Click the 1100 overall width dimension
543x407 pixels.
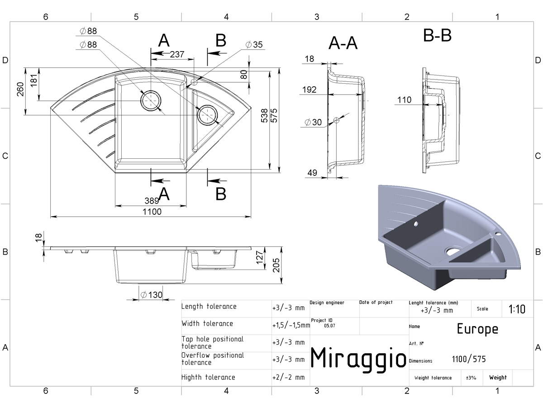pyautogui.click(x=152, y=212)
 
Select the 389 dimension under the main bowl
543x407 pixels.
pyautogui.click(x=152, y=201)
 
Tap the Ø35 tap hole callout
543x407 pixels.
pyautogui.click(x=254, y=45)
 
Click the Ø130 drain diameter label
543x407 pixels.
pyautogui.click(x=151, y=294)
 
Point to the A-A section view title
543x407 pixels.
pyautogui.click(x=343, y=43)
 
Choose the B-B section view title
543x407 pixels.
pyautogui.click(x=437, y=35)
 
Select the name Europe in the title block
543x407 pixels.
pyautogui.click(x=477, y=329)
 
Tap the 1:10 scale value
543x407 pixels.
pyautogui.click(x=517, y=309)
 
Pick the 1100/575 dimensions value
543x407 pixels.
pyautogui.click(x=469, y=359)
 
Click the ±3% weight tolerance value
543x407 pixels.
pyautogui.click(x=471, y=378)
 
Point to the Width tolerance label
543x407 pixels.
pyautogui.click(x=207, y=323)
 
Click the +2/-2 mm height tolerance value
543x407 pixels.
pyautogui.click(x=288, y=377)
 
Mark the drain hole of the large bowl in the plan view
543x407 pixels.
pyautogui.click(x=151, y=101)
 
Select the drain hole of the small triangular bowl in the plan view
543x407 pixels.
pyautogui.click(x=207, y=115)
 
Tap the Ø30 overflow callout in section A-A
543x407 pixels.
pyautogui.click(x=313, y=122)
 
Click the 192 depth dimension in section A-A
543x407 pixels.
pyautogui.click(x=309, y=90)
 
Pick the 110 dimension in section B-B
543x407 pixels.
pyautogui.click(x=404, y=100)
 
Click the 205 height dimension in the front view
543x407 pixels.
pyautogui.click(x=276, y=265)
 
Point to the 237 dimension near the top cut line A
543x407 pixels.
pyautogui.click(x=177, y=54)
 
